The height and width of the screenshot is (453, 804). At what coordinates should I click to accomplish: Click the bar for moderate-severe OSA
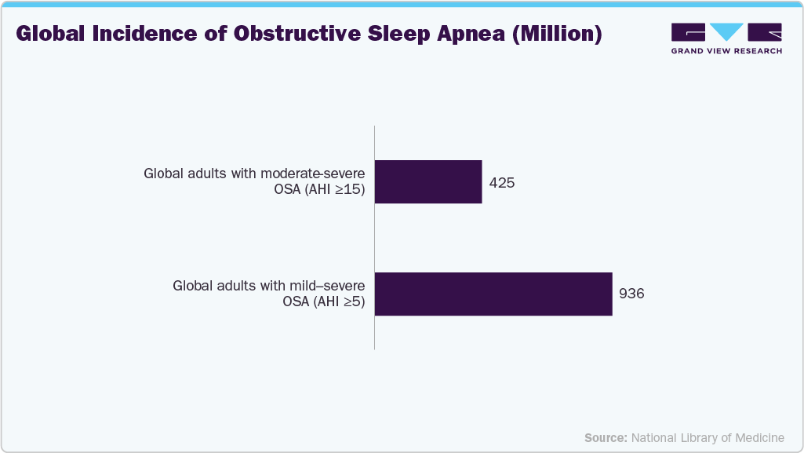428,181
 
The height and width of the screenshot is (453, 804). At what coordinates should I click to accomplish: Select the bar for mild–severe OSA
493,294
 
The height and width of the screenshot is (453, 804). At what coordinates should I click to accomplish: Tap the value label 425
501,182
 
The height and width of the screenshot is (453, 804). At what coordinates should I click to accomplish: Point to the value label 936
631,294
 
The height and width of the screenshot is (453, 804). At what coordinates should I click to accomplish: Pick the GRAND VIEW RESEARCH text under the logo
726,51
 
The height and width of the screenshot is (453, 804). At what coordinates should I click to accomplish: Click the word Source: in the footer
606,437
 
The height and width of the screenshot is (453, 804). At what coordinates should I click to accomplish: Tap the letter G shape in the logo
689,32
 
